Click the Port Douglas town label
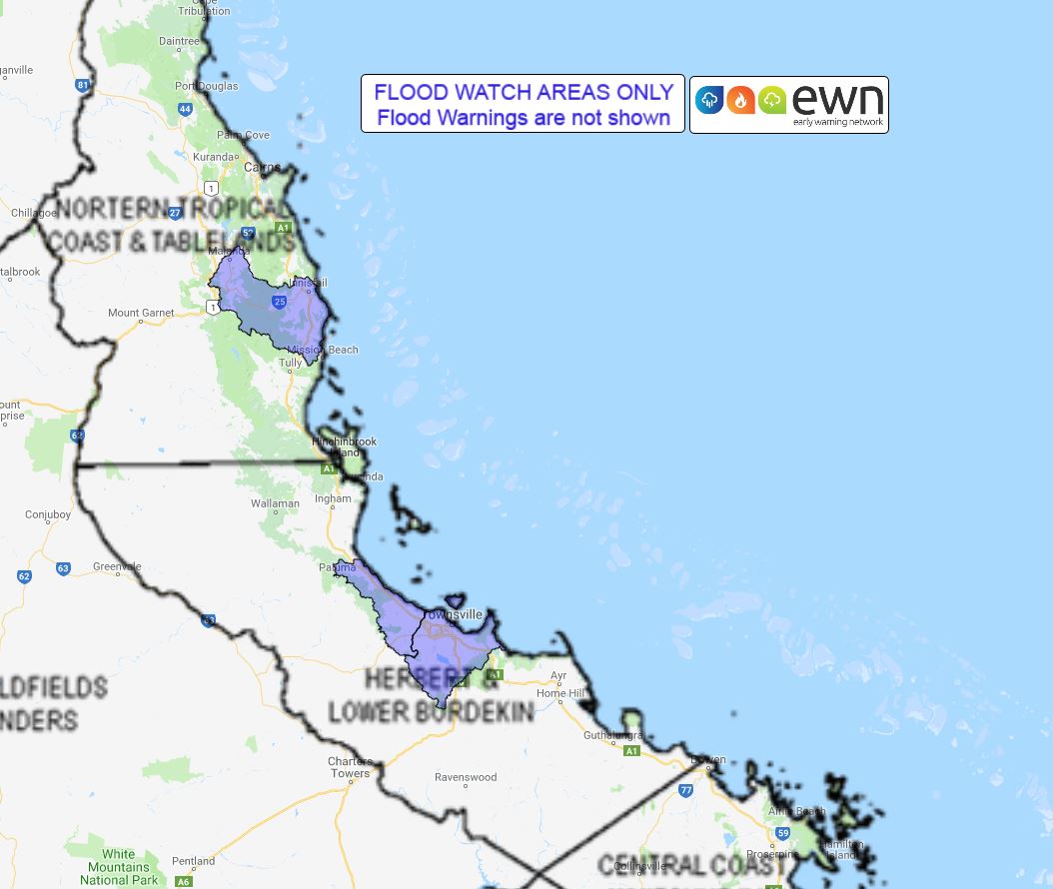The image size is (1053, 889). click(207, 86)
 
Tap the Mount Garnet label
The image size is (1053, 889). click(140, 313)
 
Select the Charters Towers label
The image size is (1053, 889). click(350, 767)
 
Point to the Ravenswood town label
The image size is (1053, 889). click(466, 777)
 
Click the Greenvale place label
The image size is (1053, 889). click(117, 566)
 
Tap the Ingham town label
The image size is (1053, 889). click(333, 498)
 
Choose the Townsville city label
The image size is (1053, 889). click(452, 614)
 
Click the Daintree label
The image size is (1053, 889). click(178, 42)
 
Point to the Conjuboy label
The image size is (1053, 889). click(48, 515)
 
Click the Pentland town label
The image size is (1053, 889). click(193, 860)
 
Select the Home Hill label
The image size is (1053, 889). click(559, 693)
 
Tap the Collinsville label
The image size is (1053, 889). click(636, 866)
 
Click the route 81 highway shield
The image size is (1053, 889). click(83, 86)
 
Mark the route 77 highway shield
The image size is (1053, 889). click(685, 790)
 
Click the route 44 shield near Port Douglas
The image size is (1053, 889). click(185, 110)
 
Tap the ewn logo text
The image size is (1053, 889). click(838, 100)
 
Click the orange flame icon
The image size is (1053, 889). click(740, 100)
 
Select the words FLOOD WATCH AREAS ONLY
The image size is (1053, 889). click(524, 92)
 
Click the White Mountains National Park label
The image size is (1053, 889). click(118, 867)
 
